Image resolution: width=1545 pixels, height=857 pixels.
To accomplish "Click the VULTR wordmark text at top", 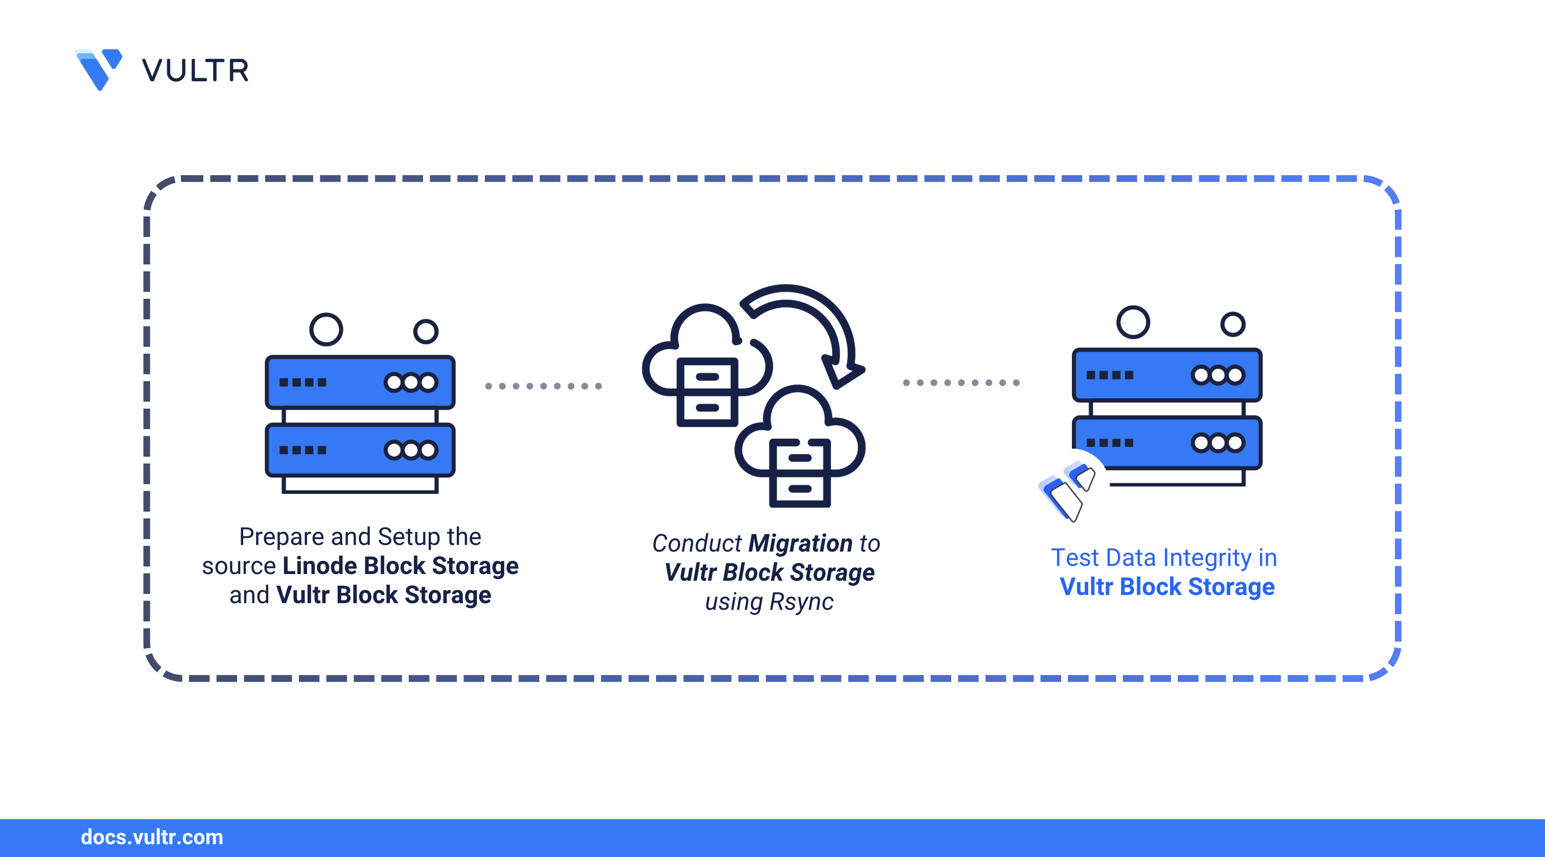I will coord(196,71).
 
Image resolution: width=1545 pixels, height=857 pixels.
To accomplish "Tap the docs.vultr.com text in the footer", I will coord(152,837).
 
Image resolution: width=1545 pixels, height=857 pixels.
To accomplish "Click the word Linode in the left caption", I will coord(320,565).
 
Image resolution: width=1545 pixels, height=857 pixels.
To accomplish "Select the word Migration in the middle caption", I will coord(800,543).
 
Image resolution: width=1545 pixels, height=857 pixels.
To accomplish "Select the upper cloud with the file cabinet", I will coord(706,366).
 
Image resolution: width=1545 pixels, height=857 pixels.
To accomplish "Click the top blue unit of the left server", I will coord(360,382).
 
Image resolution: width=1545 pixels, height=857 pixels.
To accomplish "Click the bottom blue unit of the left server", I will coord(360,450).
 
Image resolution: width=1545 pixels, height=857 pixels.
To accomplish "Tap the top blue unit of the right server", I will coord(1166,375).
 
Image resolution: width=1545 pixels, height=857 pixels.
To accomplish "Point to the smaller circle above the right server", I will coord(1232,324).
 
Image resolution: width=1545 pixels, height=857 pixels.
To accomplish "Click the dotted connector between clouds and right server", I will coord(961,383).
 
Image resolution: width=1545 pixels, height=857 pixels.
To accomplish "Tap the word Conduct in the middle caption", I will coord(696,543).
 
